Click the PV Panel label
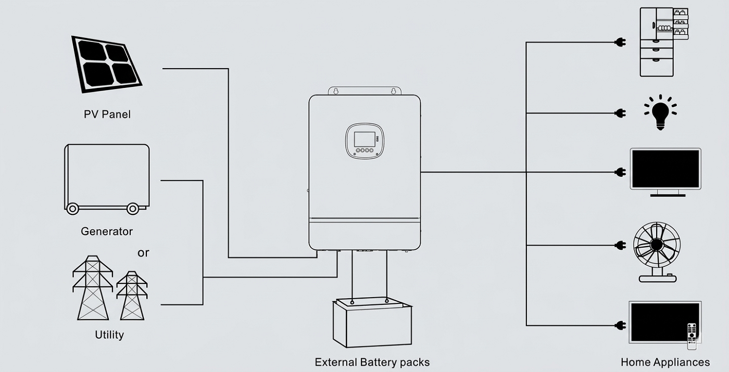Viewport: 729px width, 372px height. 107,114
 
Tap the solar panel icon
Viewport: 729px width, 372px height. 107,64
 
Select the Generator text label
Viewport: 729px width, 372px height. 107,232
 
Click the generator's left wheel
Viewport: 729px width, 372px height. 72,209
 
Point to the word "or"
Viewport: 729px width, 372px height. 143,253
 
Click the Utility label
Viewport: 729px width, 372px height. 109,335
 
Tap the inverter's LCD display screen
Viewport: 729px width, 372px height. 364,139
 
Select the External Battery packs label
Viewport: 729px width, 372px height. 372,362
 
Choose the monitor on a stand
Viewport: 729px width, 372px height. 665,172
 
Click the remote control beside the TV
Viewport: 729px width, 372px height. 692,335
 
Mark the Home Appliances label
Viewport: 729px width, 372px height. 665,362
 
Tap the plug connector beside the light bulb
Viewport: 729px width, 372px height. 620,113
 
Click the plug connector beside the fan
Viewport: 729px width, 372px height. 620,245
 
